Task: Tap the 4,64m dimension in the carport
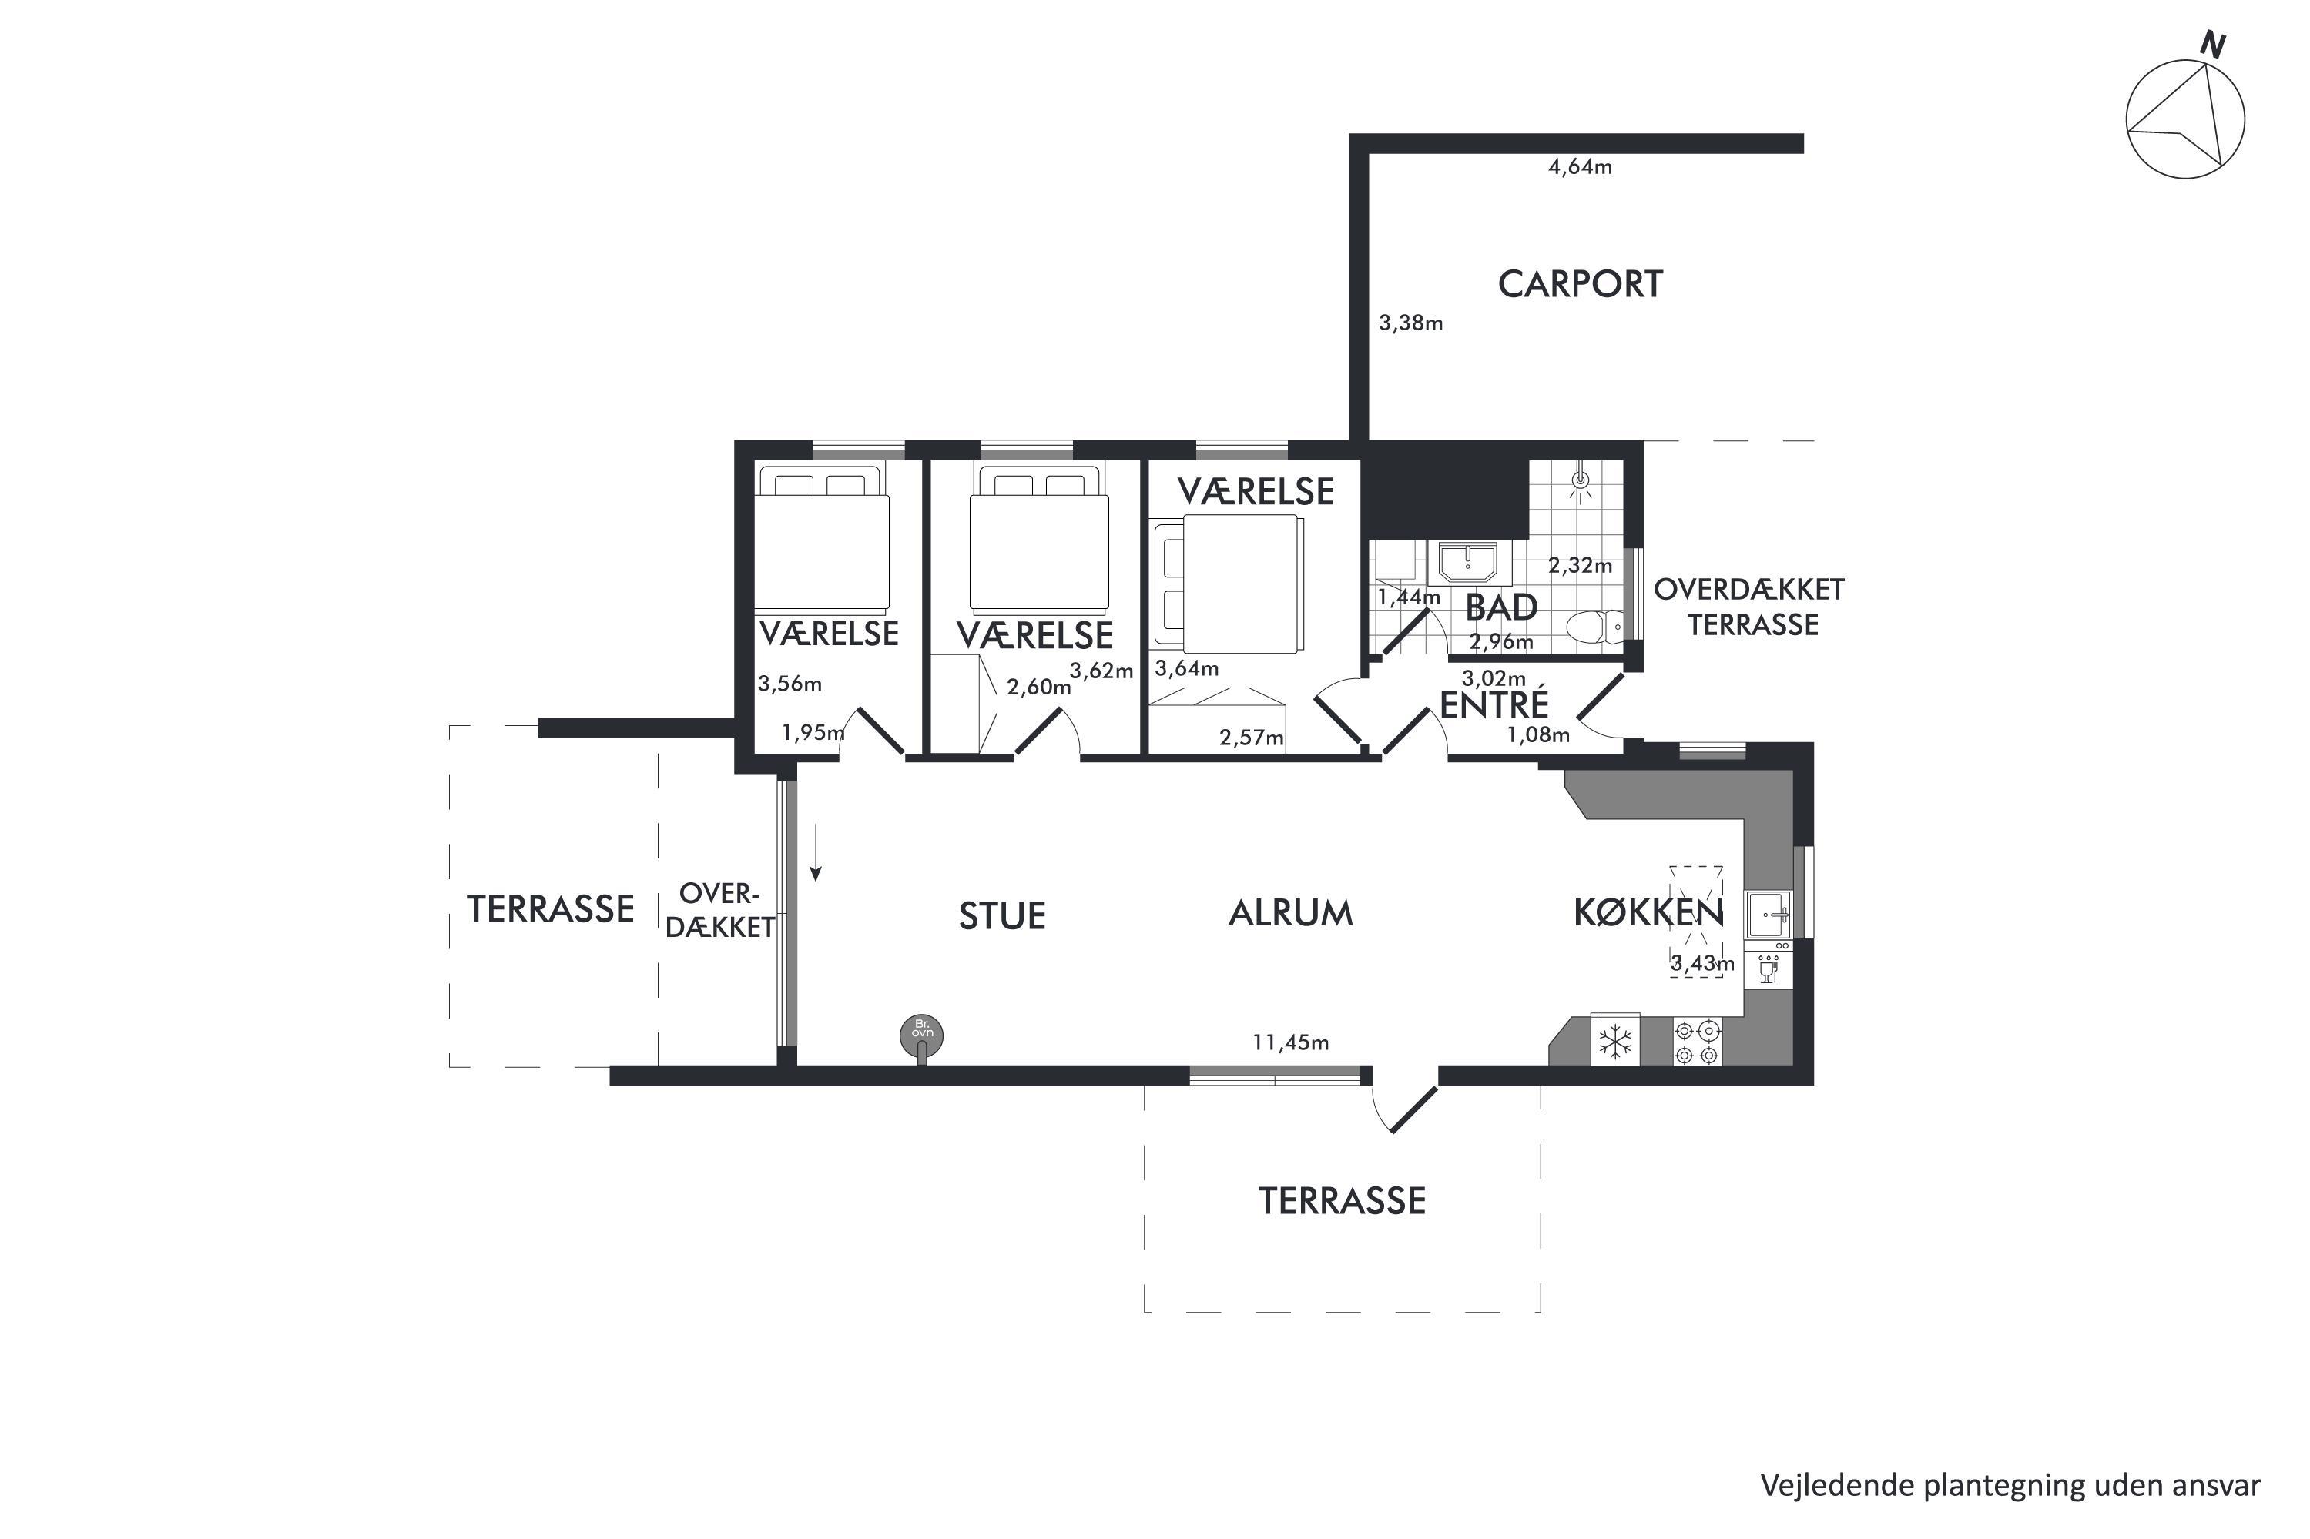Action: click(x=1580, y=167)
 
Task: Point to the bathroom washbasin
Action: click(x=1467, y=564)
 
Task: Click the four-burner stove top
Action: click(x=1696, y=1042)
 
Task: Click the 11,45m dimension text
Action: click(x=1290, y=1042)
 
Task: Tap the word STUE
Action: click(x=1002, y=915)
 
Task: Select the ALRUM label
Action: click(x=1291, y=914)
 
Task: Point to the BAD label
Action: click(x=1501, y=607)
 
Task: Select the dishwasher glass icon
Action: click(x=1768, y=971)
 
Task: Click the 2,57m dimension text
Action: click(x=1252, y=737)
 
